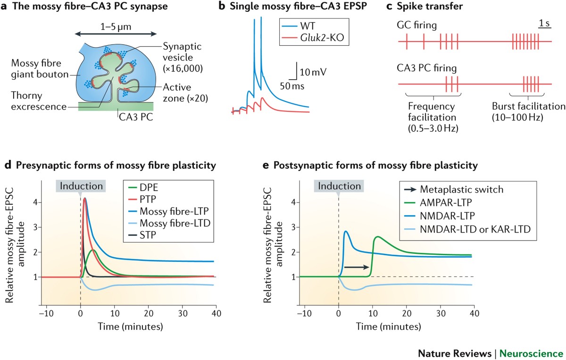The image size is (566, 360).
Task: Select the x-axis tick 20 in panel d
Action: [149, 313]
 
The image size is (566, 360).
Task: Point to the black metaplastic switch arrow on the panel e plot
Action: [356, 268]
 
